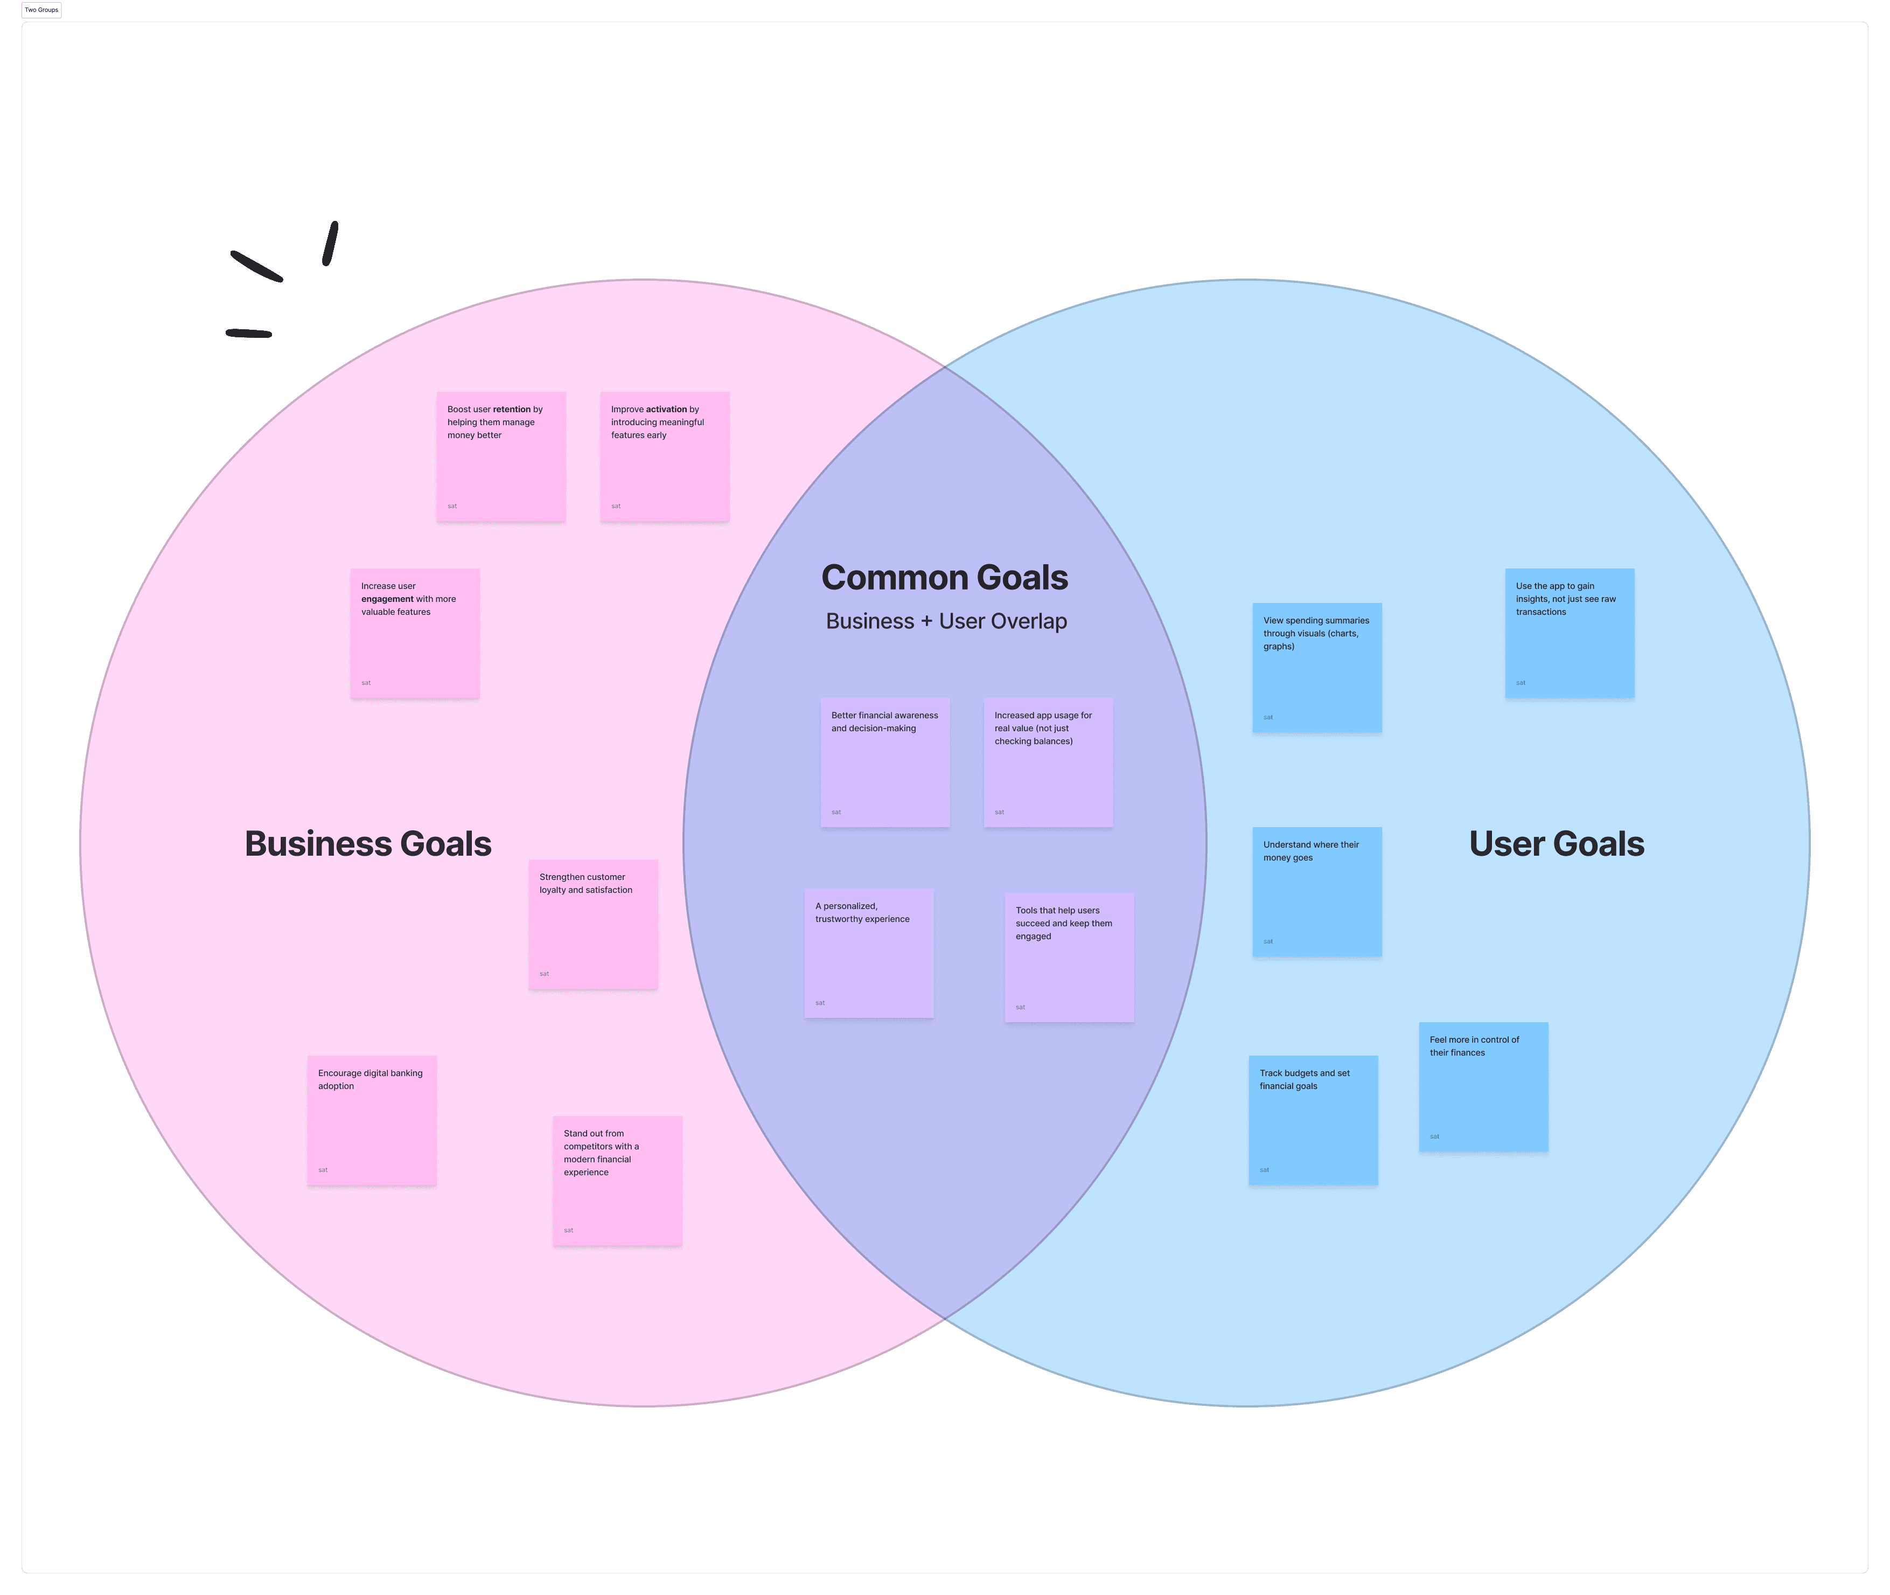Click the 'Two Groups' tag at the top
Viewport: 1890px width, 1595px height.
(x=41, y=10)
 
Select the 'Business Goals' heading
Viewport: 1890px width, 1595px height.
(x=368, y=844)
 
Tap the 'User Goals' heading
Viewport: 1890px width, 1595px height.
(x=1557, y=844)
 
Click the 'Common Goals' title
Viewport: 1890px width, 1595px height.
(x=945, y=578)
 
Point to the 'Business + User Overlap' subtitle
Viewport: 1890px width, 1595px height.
(x=946, y=621)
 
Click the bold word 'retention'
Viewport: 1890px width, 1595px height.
(x=512, y=410)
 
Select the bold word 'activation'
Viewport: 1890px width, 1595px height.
(x=667, y=410)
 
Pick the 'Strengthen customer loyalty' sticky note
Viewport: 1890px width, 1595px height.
(x=593, y=924)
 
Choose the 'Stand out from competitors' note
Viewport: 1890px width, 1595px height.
(x=617, y=1181)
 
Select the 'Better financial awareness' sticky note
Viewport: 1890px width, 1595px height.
(x=885, y=762)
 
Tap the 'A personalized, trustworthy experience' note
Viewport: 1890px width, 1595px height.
(x=869, y=953)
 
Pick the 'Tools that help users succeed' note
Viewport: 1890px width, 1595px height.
(x=1069, y=958)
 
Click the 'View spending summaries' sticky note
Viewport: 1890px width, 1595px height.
(x=1317, y=667)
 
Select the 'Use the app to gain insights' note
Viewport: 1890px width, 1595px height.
(x=1569, y=633)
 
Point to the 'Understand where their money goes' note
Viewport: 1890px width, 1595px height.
(x=1317, y=892)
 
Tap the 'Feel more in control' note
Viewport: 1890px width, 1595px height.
(x=1483, y=1087)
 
